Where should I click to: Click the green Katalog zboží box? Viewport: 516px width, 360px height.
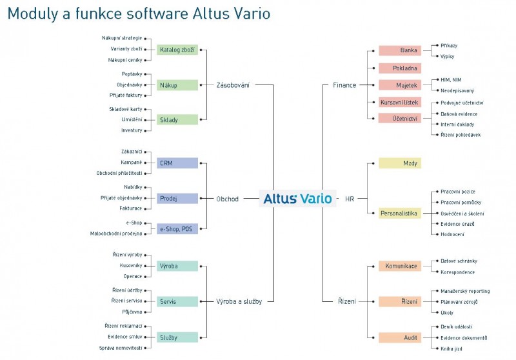pos(177,50)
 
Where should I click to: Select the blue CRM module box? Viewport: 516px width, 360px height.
pos(177,163)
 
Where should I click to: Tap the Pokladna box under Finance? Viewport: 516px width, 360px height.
pos(399,68)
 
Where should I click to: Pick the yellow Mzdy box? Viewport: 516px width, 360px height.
pos(399,163)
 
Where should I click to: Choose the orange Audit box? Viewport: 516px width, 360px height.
pos(399,337)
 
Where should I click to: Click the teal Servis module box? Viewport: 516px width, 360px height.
pos(177,301)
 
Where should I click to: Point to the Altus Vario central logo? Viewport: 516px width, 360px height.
pos(297,199)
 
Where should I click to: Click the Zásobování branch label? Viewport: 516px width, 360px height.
pos(233,85)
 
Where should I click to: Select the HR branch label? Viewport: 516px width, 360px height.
pos(350,199)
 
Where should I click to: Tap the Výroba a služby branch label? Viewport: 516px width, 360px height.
pos(239,301)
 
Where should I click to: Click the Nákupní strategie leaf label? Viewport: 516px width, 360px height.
pos(122,38)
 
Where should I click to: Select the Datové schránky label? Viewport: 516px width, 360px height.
pos(459,261)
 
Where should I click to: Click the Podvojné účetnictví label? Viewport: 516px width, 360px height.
pos(462,103)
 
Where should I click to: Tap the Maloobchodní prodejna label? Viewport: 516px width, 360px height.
pos(116,233)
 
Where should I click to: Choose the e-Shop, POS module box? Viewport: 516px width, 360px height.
pos(177,228)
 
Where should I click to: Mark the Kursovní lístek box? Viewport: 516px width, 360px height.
pos(399,102)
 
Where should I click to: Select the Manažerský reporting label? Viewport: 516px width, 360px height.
pos(465,291)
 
